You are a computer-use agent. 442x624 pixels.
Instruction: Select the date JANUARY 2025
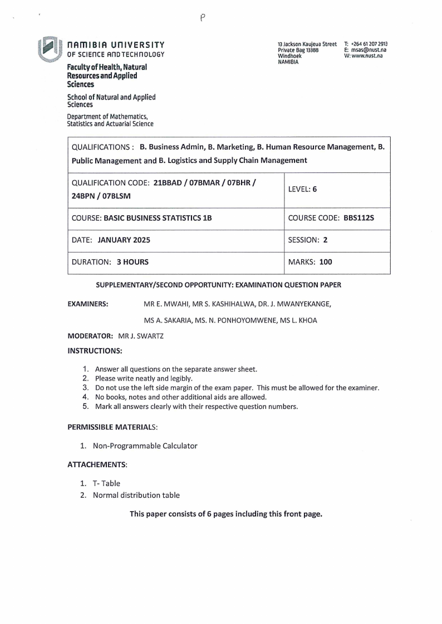(x=124, y=240)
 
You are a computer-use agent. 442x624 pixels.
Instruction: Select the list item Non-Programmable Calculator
(x=145, y=445)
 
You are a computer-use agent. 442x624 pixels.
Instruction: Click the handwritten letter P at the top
(x=203, y=18)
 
